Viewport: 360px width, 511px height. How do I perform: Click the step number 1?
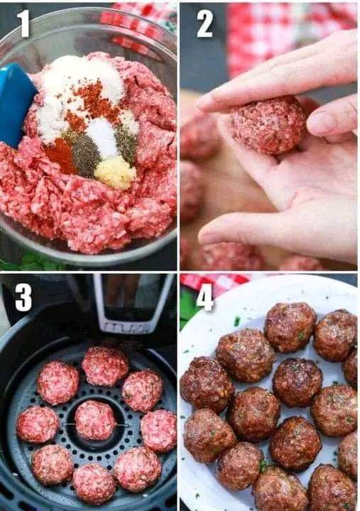click(x=23, y=23)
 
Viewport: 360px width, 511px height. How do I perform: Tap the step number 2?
click(x=204, y=23)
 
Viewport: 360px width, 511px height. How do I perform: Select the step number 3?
click(x=23, y=297)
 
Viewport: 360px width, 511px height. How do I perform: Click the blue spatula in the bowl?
click(x=16, y=104)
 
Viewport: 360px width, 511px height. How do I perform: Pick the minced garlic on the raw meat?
click(x=115, y=172)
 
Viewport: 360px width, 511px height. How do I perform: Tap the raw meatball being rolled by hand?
click(x=268, y=126)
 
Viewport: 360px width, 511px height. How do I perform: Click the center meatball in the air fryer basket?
click(x=95, y=420)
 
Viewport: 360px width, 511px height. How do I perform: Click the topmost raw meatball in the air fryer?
click(x=105, y=366)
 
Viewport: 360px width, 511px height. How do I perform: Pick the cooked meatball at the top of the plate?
click(x=290, y=327)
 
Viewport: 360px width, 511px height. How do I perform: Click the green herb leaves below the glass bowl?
click(x=29, y=261)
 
